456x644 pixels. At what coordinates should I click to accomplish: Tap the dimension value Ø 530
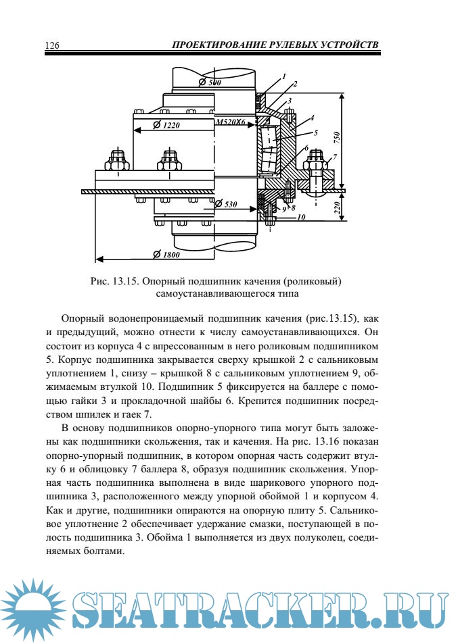231,203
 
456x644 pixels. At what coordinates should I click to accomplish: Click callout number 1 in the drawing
284,76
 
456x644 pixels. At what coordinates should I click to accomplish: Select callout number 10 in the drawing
301,218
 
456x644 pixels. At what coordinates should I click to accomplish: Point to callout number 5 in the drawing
315,132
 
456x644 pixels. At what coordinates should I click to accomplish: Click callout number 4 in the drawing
311,117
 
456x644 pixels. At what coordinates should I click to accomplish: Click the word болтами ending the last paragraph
105,550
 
